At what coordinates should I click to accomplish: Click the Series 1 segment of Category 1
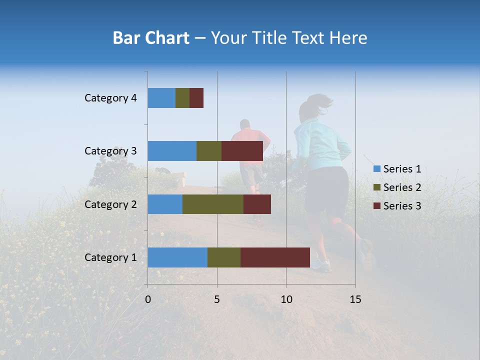[x=177, y=257]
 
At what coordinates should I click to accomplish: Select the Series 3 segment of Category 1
[x=275, y=257]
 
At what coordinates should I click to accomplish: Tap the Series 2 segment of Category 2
[x=213, y=204]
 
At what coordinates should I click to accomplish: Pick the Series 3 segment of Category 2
[x=257, y=204]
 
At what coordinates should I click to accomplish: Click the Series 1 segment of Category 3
[x=172, y=151]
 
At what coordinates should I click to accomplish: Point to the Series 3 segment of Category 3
[x=242, y=151]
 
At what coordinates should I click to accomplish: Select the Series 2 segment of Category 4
[x=182, y=98]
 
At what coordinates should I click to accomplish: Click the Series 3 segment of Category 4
[x=196, y=98]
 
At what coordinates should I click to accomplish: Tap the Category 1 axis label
[x=110, y=257]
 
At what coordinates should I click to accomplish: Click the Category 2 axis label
[x=110, y=204]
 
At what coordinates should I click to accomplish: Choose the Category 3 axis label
[x=110, y=151]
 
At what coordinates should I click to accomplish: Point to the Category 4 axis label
[x=110, y=98]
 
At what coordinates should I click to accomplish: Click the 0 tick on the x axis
[x=148, y=299]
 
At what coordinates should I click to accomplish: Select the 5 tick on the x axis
[x=217, y=299]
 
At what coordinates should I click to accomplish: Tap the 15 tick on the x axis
[x=355, y=299]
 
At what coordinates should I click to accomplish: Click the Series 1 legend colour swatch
[x=376, y=169]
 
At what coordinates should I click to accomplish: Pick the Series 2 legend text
[x=402, y=187]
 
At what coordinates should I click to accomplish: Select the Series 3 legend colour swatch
[x=376, y=206]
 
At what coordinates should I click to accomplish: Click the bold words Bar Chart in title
[x=151, y=38]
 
